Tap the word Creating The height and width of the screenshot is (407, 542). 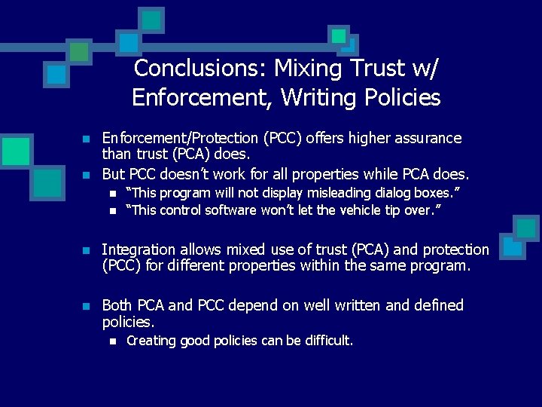151,341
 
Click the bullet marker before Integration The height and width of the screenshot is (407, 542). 87,250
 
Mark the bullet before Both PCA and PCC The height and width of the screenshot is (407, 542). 87,306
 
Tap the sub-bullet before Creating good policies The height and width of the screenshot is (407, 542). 112,341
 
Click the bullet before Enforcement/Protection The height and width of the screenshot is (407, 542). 87,139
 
